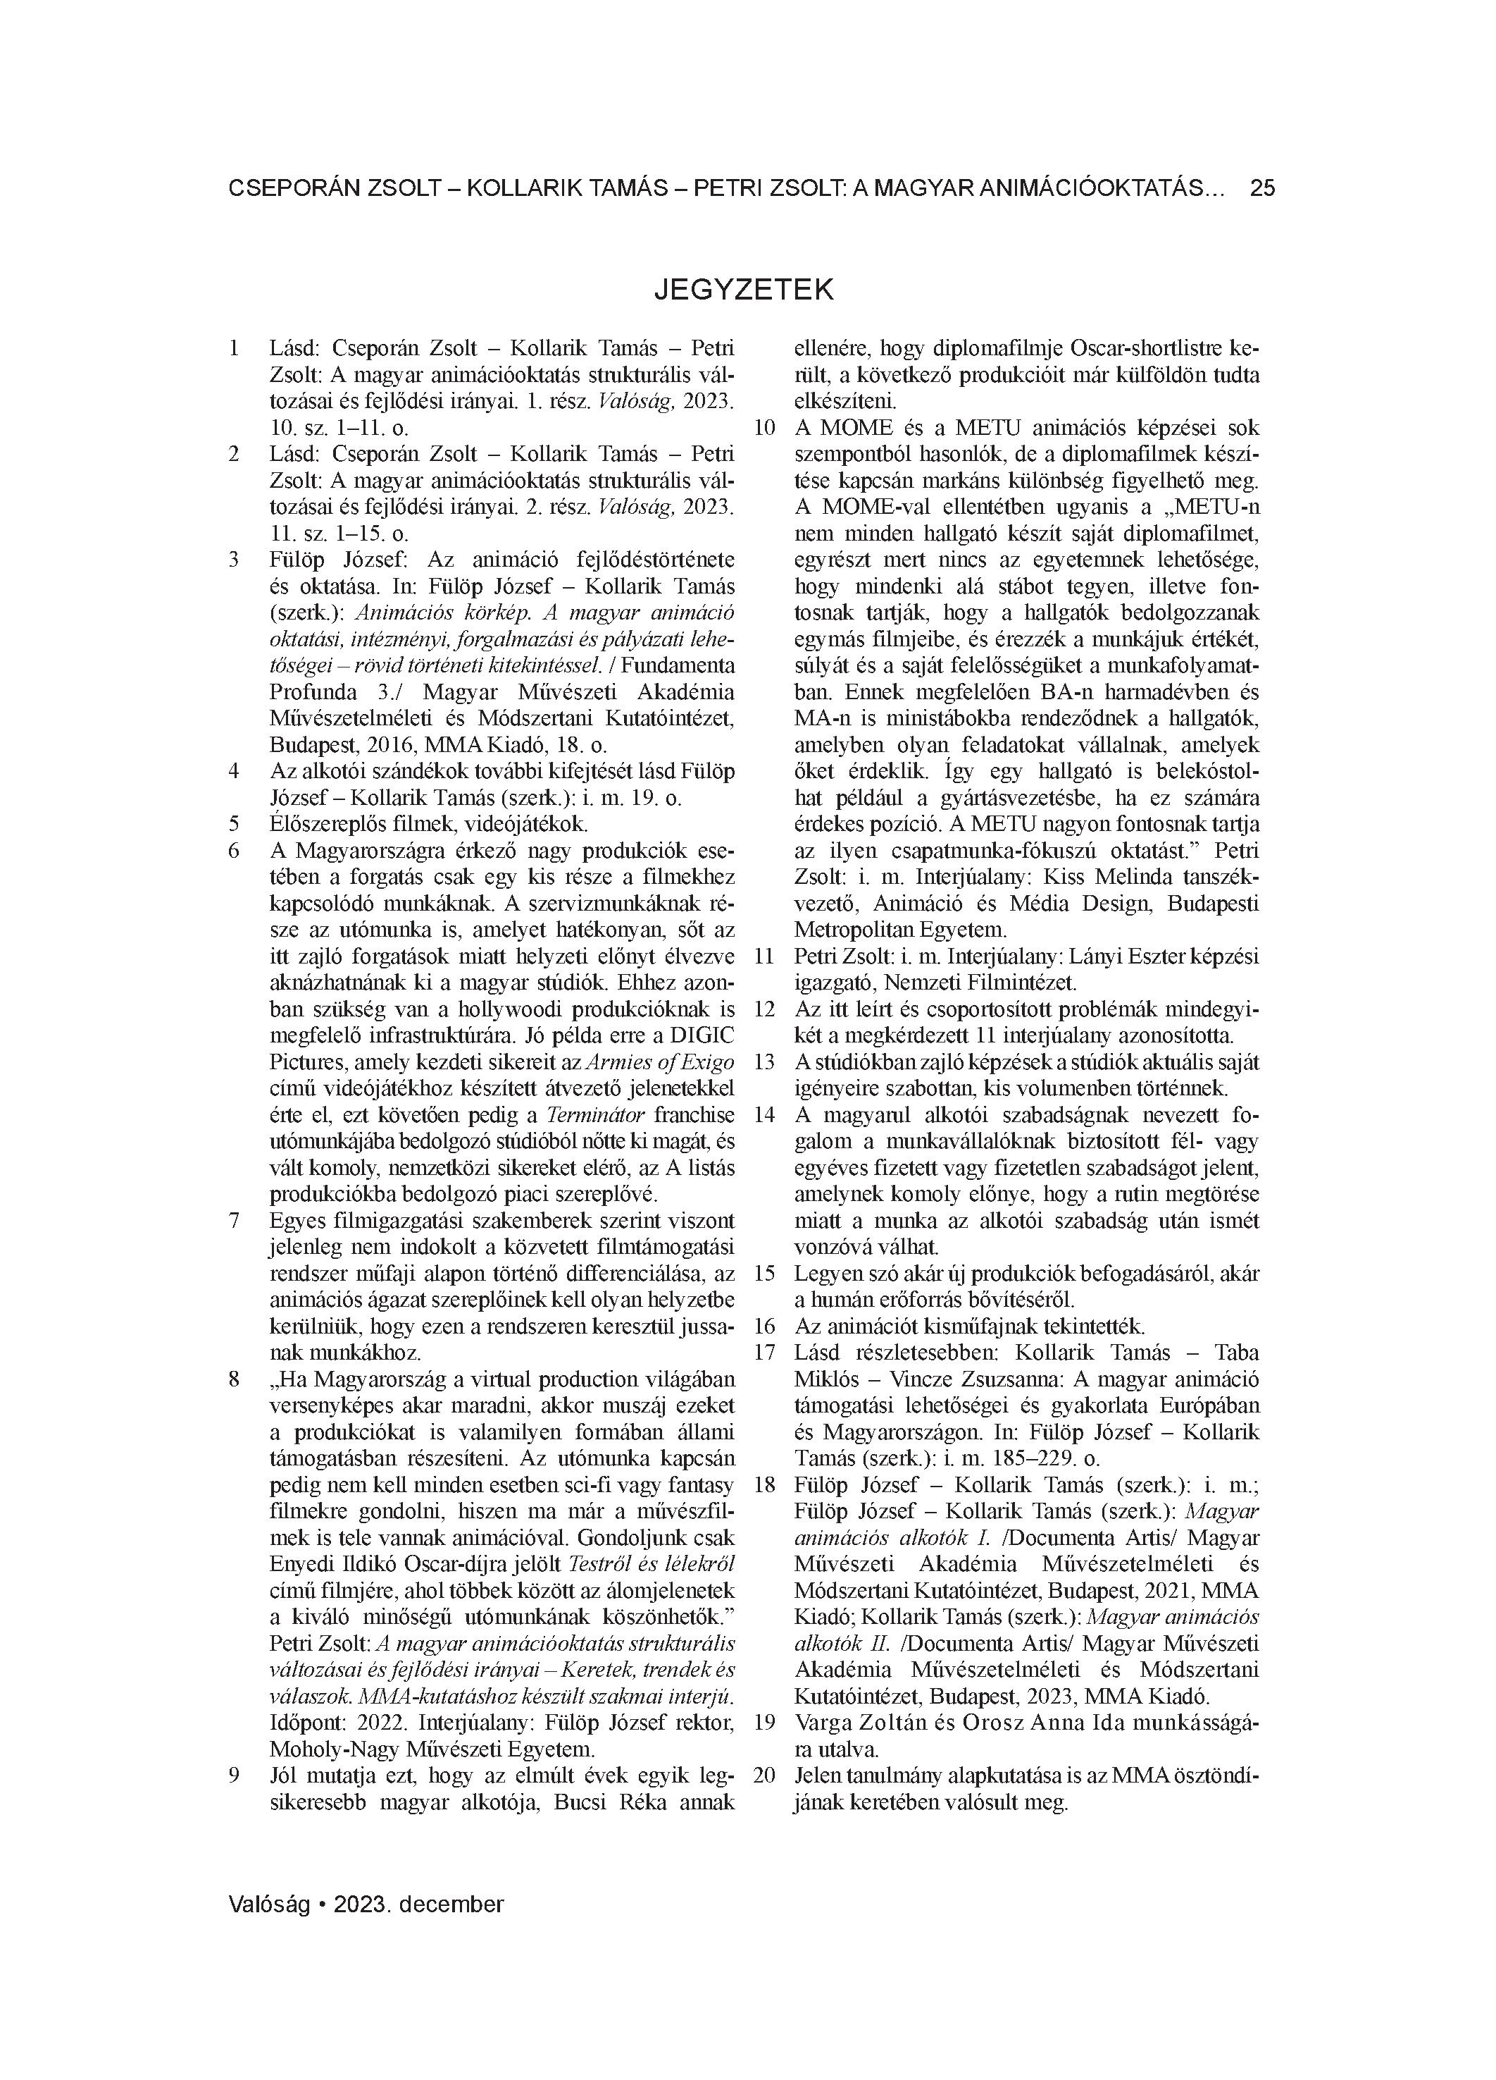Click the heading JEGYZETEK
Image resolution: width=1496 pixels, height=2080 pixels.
click(744, 290)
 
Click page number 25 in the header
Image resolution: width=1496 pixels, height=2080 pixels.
click(1262, 189)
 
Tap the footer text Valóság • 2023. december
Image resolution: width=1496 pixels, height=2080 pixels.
click(366, 1904)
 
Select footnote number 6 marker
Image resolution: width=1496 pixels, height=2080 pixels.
click(234, 851)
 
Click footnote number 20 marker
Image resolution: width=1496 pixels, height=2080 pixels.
click(764, 1775)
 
